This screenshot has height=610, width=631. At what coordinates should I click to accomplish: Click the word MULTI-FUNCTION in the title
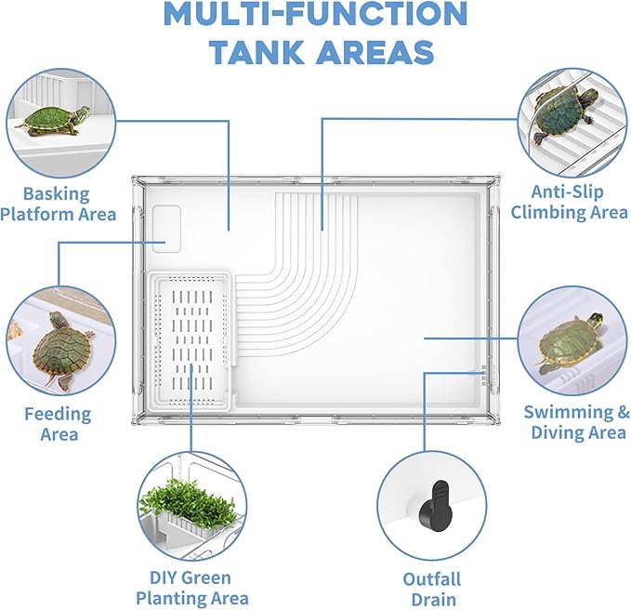click(x=315, y=14)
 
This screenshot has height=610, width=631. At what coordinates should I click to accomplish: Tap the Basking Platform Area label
click(x=58, y=205)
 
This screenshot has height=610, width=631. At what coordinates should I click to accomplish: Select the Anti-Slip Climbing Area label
click(x=568, y=203)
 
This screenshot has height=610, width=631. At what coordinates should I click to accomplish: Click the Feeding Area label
click(x=59, y=424)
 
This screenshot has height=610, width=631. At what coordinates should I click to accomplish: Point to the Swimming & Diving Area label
click(x=576, y=422)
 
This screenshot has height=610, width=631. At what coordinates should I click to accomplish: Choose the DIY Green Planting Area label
click(x=191, y=588)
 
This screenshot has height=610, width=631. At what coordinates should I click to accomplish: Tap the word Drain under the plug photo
click(x=431, y=600)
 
